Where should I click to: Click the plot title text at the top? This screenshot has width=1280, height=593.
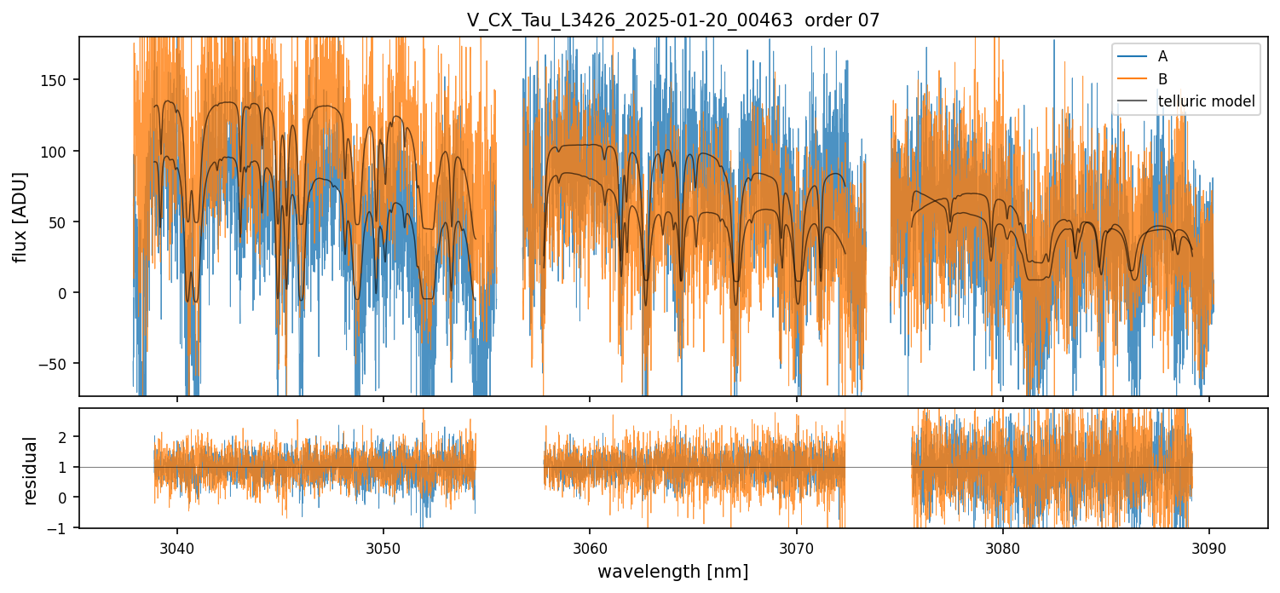click(672, 21)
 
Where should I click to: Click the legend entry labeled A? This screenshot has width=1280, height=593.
click(1162, 57)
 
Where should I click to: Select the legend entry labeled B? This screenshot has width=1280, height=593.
click(1162, 79)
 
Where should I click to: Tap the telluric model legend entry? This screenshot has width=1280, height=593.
click(1206, 101)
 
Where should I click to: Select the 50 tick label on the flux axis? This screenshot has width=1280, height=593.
click(61, 222)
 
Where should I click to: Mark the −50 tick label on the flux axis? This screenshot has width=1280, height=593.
click(57, 364)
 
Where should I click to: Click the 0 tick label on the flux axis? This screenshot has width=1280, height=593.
click(64, 292)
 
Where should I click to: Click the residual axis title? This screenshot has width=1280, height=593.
click(31, 469)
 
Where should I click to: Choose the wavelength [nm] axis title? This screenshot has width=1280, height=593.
click(672, 572)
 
